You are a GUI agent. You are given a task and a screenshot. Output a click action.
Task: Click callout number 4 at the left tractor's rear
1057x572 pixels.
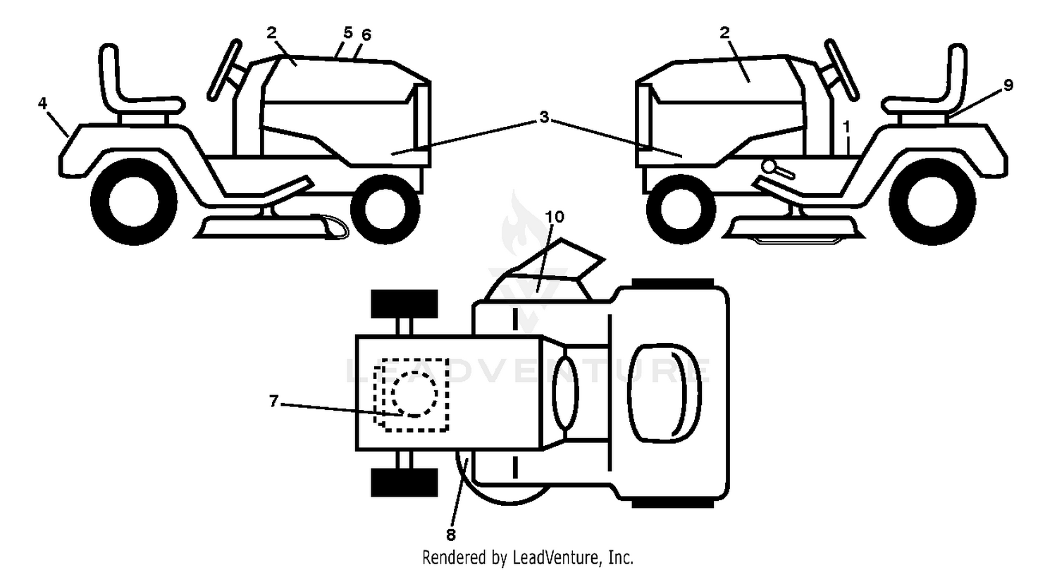coord(42,104)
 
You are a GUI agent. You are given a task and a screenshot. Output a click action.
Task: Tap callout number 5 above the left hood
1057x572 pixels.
coord(348,32)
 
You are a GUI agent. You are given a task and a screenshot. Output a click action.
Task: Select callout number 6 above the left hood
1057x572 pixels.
coord(366,35)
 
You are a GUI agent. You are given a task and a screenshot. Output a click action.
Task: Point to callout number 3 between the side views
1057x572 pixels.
coord(544,117)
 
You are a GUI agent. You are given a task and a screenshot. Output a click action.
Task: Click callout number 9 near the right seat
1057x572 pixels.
coord(1008,85)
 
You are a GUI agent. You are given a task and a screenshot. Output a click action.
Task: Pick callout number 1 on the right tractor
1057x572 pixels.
coord(846,127)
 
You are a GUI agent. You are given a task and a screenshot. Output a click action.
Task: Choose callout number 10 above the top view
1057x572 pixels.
coord(555,217)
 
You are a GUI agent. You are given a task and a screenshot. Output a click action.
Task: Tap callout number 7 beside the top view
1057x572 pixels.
coord(273,401)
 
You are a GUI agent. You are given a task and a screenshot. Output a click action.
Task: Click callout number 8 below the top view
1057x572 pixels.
coord(451,535)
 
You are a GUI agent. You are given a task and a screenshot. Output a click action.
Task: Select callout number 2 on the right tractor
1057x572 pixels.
coord(724,32)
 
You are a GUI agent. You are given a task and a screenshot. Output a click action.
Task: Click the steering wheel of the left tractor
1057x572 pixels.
coord(225,70)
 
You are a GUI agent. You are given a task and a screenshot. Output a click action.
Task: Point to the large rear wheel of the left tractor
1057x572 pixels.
coord(134,201)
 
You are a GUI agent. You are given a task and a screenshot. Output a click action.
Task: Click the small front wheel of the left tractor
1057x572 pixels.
coord(385,209)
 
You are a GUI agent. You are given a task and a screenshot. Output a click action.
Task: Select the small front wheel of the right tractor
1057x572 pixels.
coord(681,209)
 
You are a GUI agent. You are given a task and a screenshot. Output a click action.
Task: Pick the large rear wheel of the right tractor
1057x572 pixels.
coord(932,201)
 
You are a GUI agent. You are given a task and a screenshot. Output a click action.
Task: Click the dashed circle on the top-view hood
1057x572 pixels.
coord(415,394)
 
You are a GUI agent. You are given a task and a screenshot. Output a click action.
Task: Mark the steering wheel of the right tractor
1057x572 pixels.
coord(843,70)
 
